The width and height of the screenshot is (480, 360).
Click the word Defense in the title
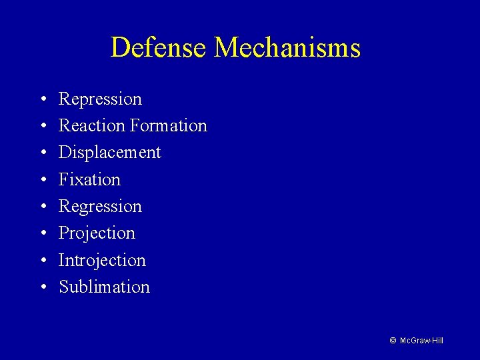159,48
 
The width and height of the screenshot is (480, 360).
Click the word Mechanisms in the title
287,48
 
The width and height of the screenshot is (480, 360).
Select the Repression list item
100,99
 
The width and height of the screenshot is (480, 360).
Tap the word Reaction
91,126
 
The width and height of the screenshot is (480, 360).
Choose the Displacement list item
109,153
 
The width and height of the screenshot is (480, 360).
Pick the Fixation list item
89,179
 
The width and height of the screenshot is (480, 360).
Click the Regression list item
100,207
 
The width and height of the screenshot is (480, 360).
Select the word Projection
97,233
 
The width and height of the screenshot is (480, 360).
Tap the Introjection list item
102,260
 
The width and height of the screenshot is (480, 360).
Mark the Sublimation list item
104,287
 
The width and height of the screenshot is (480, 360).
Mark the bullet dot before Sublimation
42,287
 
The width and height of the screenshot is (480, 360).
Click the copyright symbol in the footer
393,341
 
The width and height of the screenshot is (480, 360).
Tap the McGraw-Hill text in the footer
421,341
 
